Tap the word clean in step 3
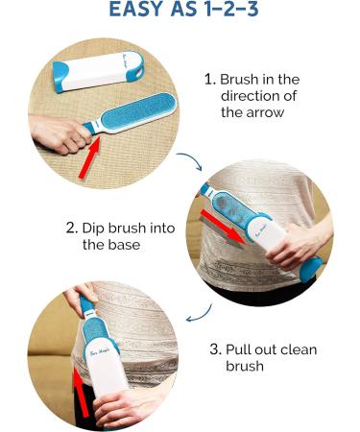click(x=300, y=349)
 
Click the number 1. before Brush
click(x=210, y=80)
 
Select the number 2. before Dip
click(x=72, y=228)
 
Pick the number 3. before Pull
click(x=216, y=349)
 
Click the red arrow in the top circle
click(x=89, y=156)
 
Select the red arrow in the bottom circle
click(x=80, y=393)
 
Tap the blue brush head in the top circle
click(x=138, y=111)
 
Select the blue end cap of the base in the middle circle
click(x=311, y=269)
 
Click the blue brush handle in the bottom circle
click(x=86, y=304)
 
